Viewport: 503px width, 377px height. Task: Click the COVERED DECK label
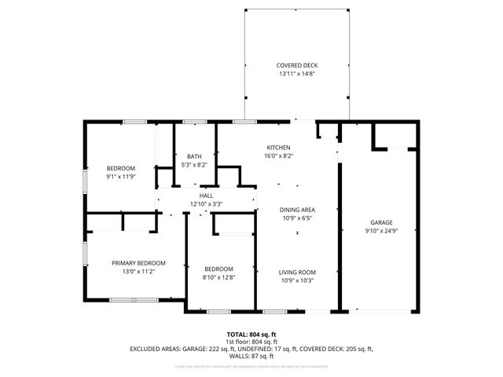tap(297, 65)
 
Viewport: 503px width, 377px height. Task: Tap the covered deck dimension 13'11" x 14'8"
tap(297, 74)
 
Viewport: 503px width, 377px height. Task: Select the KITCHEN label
tap(279, 148)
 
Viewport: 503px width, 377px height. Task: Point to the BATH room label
tap(194, 156)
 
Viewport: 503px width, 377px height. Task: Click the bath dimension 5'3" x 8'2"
tap(194, 165)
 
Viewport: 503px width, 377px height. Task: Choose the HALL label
tap(206, 196)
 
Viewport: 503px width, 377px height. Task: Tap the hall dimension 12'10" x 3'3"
tap(206, 204)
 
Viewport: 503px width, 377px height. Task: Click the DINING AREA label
tap(297, 210)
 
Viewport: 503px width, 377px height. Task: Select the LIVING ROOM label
tap(297, 273)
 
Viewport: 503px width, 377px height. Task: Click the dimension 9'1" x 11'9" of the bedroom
tap(121, 177)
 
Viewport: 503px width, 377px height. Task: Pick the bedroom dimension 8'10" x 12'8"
tap(218, 276)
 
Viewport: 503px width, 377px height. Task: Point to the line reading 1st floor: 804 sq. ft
tap(251, 342)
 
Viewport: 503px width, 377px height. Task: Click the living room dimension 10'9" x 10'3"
tap(297, 281)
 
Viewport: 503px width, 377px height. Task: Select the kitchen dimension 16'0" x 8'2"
tap(279, 156)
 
